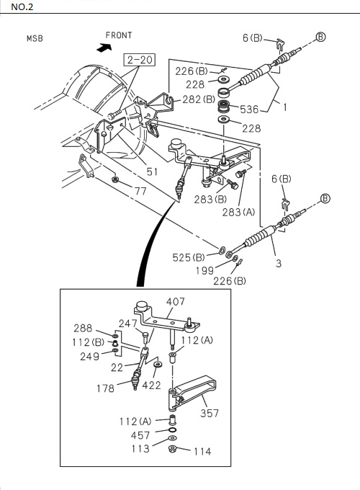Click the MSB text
pyautogui.click(x=35, y=38)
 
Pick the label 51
pyautogui.click(x=152, y=171)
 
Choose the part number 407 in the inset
pyautogui.click(x=176, y=301)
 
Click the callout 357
pyautogui.click(x=208, y=413)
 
